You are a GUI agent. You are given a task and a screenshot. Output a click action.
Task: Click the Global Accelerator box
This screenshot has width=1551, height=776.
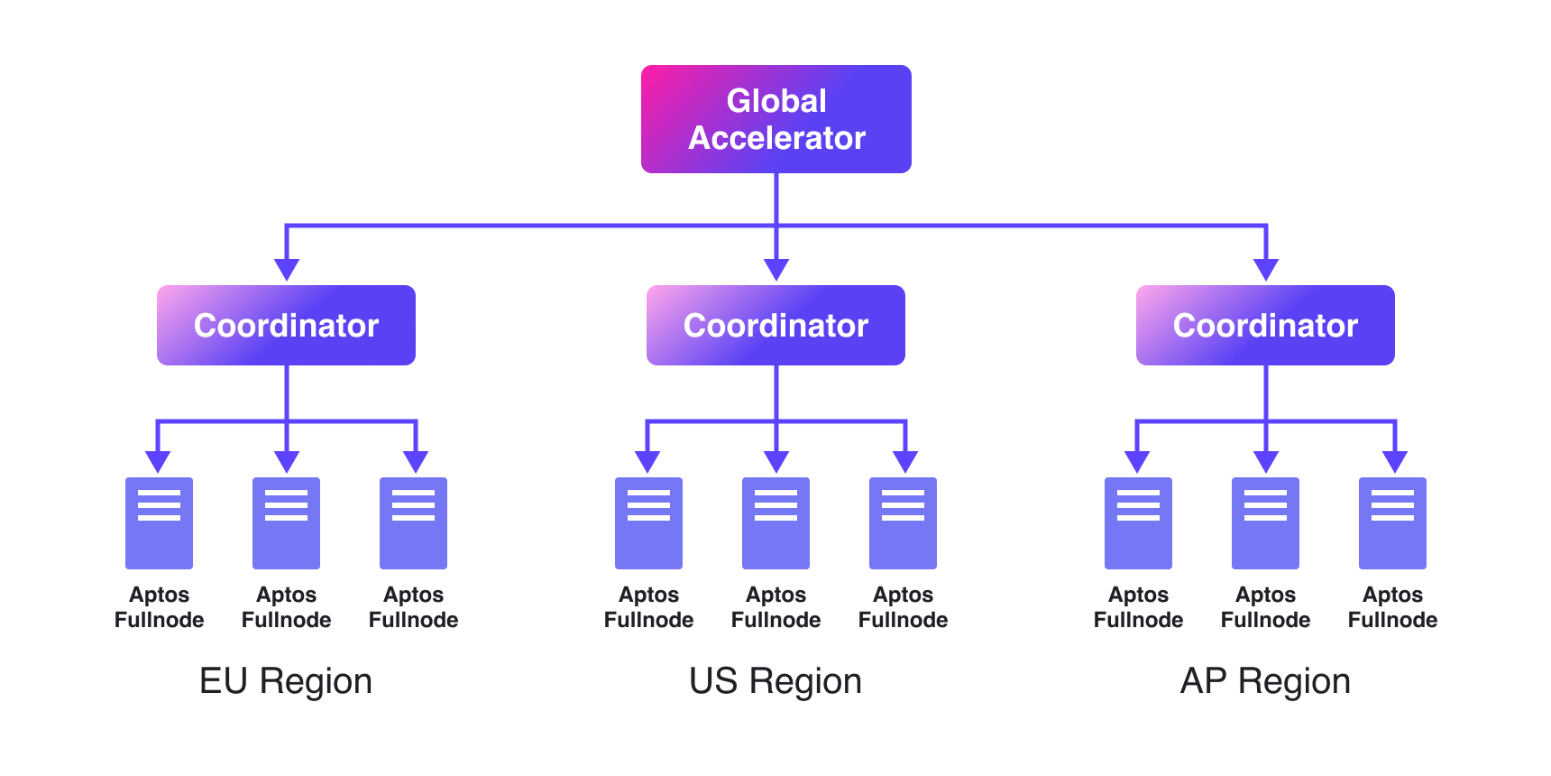(776, 119)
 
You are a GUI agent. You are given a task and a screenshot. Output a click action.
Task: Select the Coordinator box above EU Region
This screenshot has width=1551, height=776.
(286, 325)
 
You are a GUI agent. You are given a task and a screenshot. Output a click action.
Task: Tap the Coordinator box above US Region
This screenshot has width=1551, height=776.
(775, 325)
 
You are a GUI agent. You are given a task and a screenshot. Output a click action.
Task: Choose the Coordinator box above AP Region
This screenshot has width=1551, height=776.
(1265, 325)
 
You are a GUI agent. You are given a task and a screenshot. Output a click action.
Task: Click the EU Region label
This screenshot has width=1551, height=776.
(286, 681)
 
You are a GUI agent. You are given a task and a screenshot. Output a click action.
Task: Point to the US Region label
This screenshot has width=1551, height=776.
(775, 681)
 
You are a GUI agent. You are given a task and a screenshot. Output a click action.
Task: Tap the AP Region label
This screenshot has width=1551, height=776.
(1265, 681)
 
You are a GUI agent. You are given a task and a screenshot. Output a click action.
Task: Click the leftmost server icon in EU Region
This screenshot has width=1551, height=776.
(159, 523)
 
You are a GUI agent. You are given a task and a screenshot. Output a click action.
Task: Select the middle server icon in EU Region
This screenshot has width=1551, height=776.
(286, 523)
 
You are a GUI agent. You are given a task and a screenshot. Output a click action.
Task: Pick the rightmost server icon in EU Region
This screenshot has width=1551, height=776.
(413, 523)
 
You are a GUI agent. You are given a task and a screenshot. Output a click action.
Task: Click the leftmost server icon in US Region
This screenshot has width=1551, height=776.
(648, 523)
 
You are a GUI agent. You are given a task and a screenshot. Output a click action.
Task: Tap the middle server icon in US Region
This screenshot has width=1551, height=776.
(775, 523)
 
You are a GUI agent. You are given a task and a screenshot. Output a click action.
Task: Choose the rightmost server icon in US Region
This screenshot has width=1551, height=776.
(903, 523)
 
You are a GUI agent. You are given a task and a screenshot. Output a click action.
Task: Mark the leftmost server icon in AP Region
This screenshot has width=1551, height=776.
(1138, 523)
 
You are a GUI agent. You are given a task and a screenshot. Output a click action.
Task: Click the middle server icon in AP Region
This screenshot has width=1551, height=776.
(1265, 523)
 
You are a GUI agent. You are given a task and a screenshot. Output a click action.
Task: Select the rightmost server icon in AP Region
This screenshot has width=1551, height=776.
(1392, 523)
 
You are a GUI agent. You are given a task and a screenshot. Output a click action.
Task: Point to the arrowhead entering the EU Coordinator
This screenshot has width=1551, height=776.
(287, 270)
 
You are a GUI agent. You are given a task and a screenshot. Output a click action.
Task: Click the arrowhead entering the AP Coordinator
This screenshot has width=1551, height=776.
(1266, 270)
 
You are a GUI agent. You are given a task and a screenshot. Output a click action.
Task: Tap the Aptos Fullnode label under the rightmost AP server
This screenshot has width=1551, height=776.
(1392, 607)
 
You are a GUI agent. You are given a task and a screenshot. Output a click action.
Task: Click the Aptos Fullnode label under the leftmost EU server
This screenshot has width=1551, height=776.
(159, 607)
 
